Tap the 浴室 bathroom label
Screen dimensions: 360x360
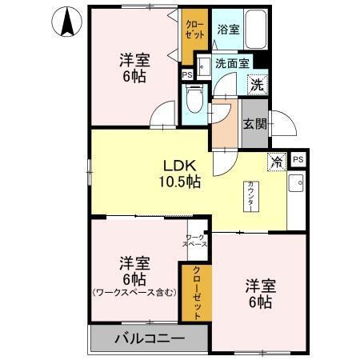click(228, 30)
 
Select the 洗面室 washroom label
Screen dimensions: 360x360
click(233, 62)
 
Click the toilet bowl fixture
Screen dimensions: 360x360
click(193, 100)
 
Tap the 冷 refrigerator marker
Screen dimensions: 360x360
click(277, 161)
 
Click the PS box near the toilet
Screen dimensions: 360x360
click(187, 76)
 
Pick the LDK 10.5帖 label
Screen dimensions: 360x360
click(182, 174)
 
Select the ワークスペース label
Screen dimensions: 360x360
click(197, 240)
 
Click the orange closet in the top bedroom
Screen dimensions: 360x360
click(194, 36)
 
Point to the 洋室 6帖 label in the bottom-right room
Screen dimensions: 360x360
click(260, 293)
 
